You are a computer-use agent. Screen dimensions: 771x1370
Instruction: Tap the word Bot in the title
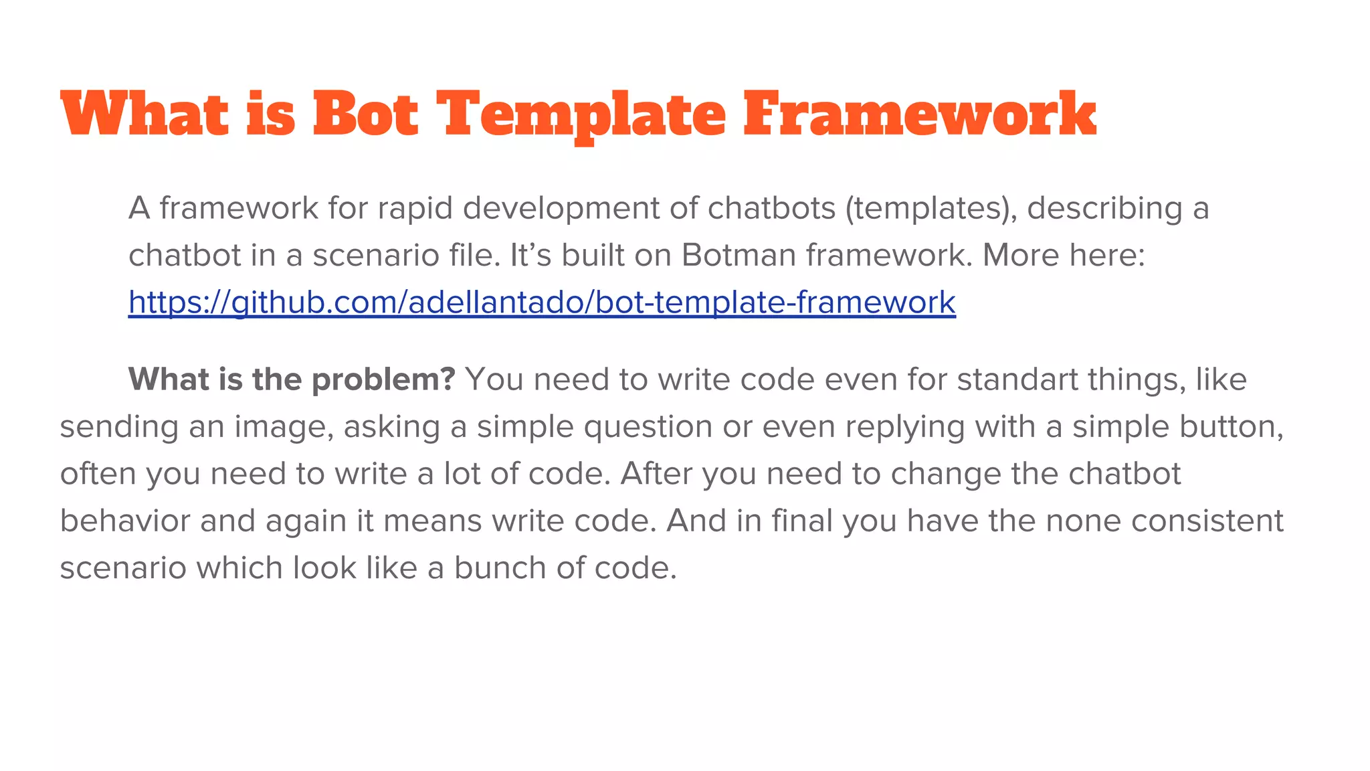click(x=365, y=115)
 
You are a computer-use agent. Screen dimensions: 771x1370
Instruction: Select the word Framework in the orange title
click(x=919, y=115)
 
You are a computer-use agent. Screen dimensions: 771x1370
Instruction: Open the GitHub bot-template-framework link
click(x=542, y=303)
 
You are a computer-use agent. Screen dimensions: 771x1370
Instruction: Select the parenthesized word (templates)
click(x=931, y=209)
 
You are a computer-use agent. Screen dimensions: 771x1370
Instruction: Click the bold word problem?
click(x=383, y=380)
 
